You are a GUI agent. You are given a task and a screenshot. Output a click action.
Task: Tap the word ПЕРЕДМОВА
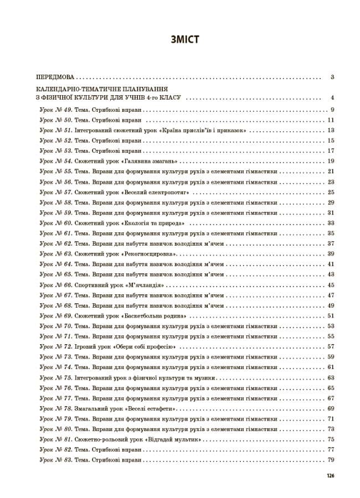pos(54,77)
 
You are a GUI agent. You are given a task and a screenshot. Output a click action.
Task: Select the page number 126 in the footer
pos(331,476)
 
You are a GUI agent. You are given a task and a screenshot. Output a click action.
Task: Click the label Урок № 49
pos(55,110)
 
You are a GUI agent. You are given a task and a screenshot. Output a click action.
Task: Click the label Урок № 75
pos(55,377)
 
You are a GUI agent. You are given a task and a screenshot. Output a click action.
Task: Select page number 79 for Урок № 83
pos(331,460)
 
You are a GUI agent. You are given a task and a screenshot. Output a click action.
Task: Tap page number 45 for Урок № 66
pos(331,285)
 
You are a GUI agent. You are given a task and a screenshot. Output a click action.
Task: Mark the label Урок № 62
pos(55,243)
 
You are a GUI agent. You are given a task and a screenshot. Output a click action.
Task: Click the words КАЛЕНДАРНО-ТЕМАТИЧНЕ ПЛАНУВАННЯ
pos(101,89)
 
